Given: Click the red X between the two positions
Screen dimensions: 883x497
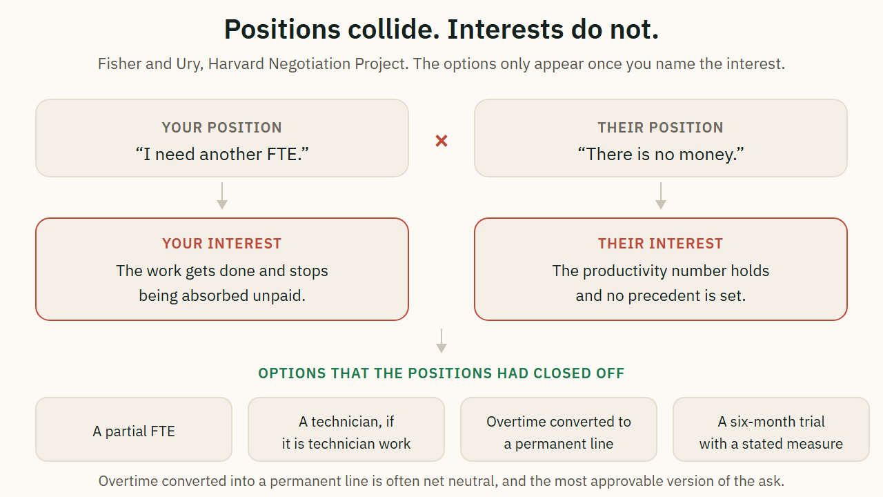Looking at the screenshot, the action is (x=441, y=141).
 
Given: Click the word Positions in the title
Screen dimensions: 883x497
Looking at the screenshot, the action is (x=282, y=30).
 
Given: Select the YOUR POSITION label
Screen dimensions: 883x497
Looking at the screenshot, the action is (x=222, y=128).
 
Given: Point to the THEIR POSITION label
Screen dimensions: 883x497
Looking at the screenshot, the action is (x=661, y=128).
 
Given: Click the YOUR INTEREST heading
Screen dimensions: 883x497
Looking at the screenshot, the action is (x=222, y=244).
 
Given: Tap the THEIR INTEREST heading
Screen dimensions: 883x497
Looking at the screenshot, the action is (x=661, y=244).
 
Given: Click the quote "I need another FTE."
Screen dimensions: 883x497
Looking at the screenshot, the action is (x=222, y=154).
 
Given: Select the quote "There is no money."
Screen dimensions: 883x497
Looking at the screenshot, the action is (x=661, y=154).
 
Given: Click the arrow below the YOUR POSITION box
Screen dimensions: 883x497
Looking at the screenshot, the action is (x=222, y=195).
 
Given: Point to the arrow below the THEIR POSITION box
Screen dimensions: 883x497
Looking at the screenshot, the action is (x=661, y=195).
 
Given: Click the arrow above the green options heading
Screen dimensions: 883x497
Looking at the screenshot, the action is (x=441, y=341).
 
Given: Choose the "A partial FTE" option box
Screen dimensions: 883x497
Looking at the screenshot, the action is (x=134, y=429).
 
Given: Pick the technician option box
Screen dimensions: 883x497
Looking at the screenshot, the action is (x=346, y=429).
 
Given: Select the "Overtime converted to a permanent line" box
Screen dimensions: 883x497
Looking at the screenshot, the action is (x=559, y=429).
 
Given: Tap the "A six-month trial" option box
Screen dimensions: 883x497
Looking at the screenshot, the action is (x=771, y=429).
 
